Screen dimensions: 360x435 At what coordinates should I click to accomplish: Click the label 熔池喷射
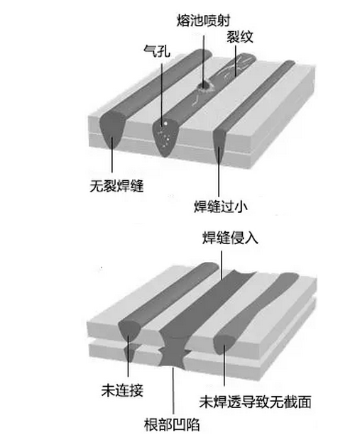pyautogui.click(x=204, y=21)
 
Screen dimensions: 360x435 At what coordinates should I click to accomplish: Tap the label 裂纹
pyautogui.click(x=240, y=36)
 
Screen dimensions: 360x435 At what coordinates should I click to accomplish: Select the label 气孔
pyautogui.click(x=157, y=51)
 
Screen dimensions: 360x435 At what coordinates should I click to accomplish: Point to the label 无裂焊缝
pyautogui.click(x=116, y=186)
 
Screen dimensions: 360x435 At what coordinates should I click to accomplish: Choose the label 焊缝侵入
pyautogui.click(x=230, y=238)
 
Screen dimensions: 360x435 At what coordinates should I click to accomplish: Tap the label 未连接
pyautogui.click(x=122, y=390)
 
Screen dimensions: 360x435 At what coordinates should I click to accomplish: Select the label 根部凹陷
pyautogui.click(x=172, y=424)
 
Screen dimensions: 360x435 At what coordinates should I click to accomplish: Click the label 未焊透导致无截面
pyautogui.click(x=255, y=402)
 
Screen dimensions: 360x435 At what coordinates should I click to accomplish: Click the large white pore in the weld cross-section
pyautogui.click(x=165, y=123)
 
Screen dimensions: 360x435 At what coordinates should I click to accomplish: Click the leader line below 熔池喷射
pyautogui.click(x=204, y=60)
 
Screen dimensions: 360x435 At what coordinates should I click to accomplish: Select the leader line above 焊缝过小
pyautogui.click(x=219, y=172)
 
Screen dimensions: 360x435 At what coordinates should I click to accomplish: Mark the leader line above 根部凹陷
pyautogui.click(x=173, y=390)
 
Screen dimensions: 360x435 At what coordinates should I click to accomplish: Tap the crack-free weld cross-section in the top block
pyautogui.click(x=113, y=129)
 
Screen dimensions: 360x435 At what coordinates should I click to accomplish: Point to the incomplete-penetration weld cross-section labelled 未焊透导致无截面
pyautogui.click(x=225, y=344)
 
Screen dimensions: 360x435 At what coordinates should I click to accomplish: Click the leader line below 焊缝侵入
pyautogui.click(x=222, y=265)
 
